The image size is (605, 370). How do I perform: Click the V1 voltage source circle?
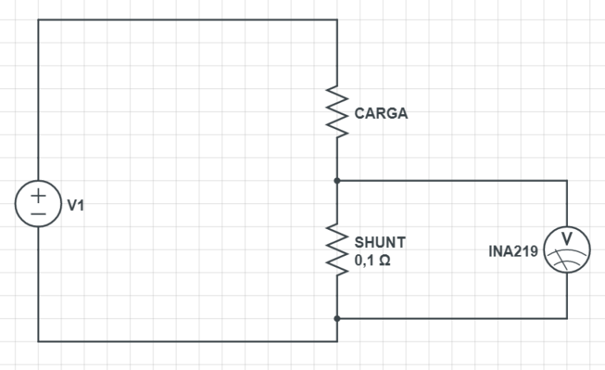coord(38,204)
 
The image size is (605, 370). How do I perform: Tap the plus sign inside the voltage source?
coord(38,194)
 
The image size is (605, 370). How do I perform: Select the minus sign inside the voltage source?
coord(38,213)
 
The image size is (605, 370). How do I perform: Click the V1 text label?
coord(76,205)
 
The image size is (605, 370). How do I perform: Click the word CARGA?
coord(381,113)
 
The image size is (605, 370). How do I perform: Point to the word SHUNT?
coord(380,242)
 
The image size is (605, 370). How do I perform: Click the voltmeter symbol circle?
coord(566,250)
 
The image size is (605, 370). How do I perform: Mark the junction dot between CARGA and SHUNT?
coord(337,180)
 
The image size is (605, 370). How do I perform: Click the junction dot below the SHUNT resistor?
coord(337,318)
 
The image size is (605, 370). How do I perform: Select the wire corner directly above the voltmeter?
coord(566,180)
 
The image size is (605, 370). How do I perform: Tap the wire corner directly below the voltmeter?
coord(566,318)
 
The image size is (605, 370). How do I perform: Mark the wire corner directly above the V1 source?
coord(38,20)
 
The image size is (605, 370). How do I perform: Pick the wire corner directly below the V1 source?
coord(38,342)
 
